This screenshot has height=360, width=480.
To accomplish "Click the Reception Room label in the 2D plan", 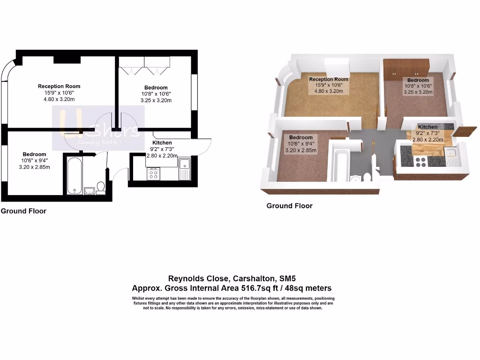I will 59,86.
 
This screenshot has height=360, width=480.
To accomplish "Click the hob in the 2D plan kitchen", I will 153,174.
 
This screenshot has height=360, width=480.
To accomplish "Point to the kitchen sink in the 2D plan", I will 184,164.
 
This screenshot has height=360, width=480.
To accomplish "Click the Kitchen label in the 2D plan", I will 162,142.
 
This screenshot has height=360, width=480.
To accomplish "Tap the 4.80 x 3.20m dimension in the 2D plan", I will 59,99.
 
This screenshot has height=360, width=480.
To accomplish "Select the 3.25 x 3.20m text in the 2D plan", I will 156,101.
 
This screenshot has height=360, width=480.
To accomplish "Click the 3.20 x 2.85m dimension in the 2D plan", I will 35,167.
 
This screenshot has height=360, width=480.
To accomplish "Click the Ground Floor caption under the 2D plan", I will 23,211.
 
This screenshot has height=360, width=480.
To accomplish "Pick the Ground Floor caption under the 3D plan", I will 289,206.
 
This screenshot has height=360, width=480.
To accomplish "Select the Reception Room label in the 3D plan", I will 329,79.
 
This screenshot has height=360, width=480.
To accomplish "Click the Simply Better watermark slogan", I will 100,142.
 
